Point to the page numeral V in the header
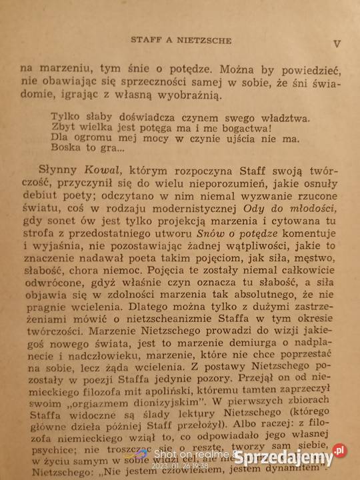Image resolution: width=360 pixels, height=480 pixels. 336,44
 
